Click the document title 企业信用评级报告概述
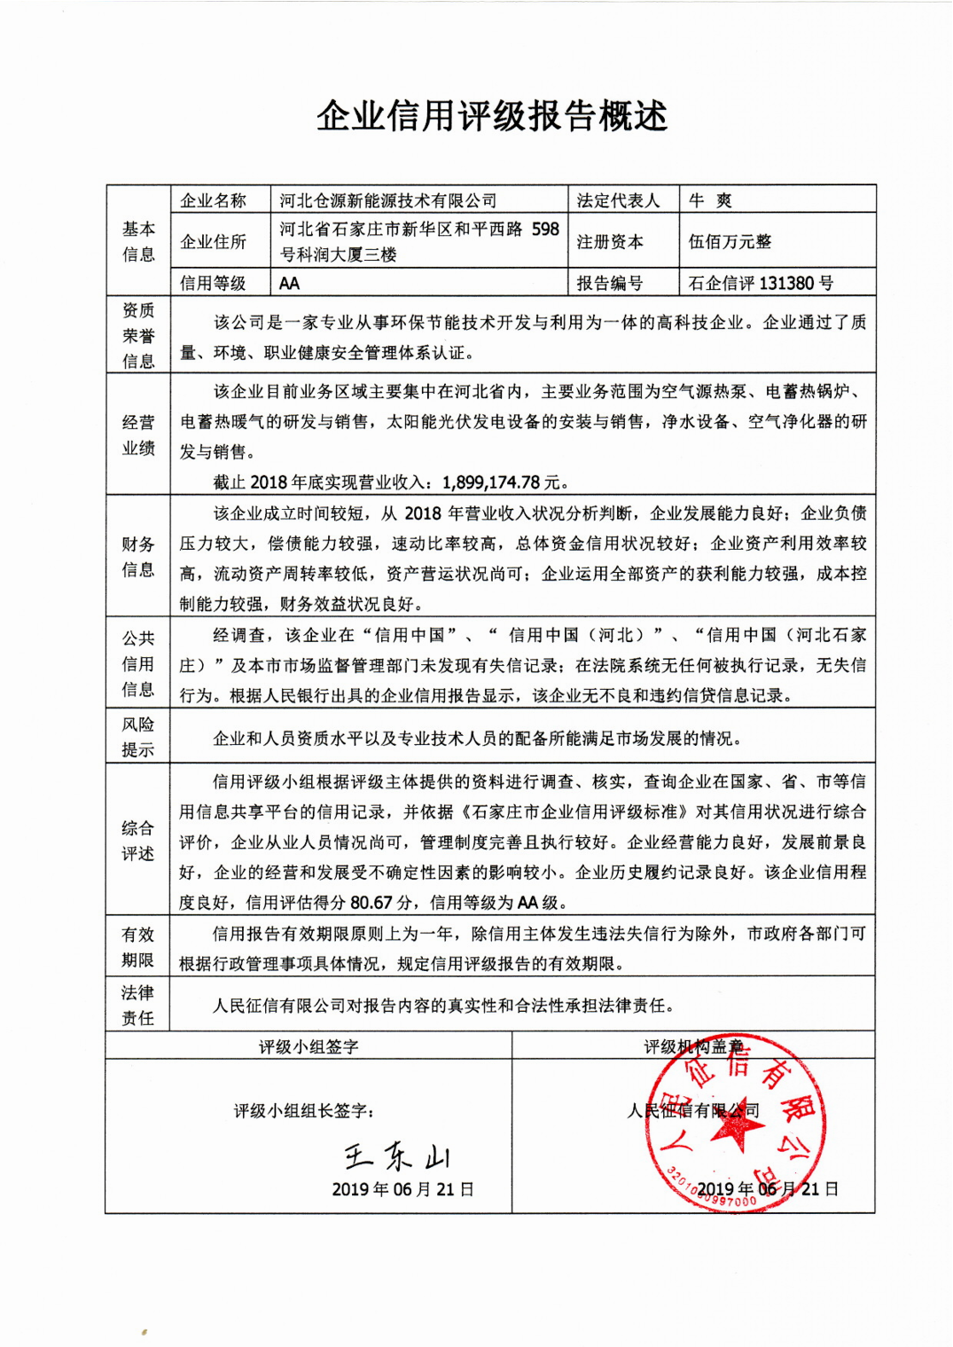pyautogui.click(x=491, y=116)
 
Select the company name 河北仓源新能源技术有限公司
pyautogui.click(x=387, y=200)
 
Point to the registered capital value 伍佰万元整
pyautogui.click(x=730, y=241)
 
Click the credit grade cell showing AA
pyautogui.click(x=289, y=284)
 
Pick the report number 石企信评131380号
pyautogui.click(x=761, y=284)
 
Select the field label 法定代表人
pyautogui.click(x=618, y=200)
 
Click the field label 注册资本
pyautogui.click(x=610, y=241)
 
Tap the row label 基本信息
pyautogui.click(x=138, y=241)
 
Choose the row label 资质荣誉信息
pyautogui.click(x=138, y=335)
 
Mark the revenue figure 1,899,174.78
pyautogui.click(x=491, y=482)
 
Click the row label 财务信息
pyautogui.click(x=138, y=557)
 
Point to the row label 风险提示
pyautogui.click(x=138, y=737)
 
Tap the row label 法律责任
pyautogui.click(x=138, y=1005)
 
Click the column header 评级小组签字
pyautogui.click(x=309, y=1046)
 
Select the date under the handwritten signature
pyautogui.click(x=402, y=1189)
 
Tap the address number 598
pyautogui.click(x=545, y=229)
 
